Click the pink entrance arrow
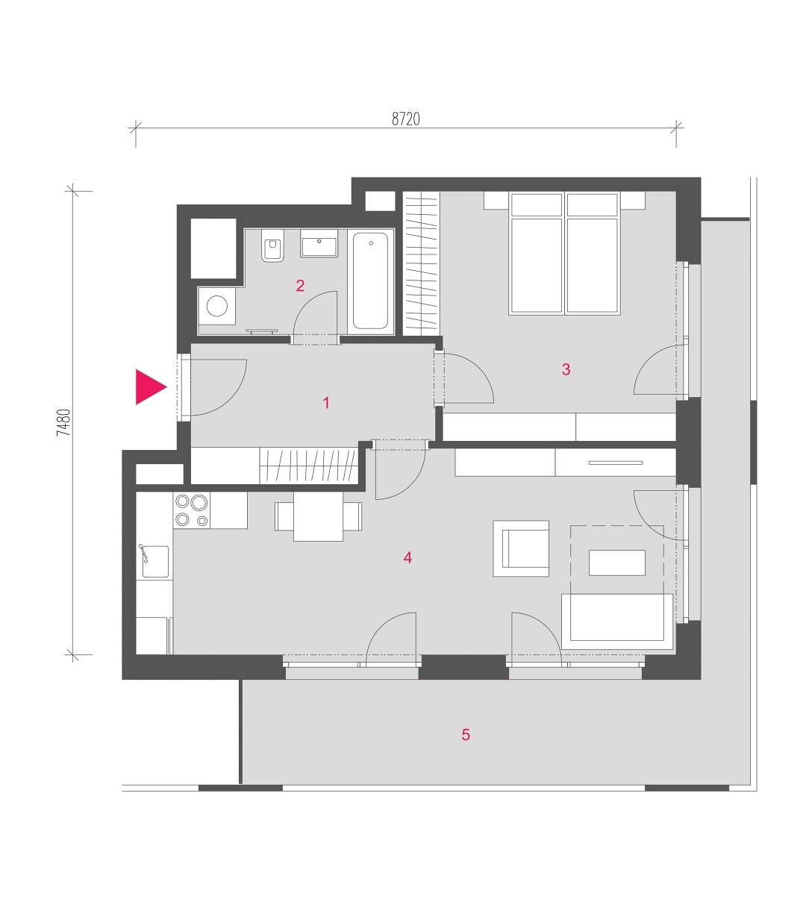[x=149, y=386]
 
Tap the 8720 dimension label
[x=406, y=119]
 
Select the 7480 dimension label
[x=64, y=423]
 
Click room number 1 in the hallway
[x=326, y=402]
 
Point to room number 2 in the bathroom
[x=300, y=286]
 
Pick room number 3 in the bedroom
[x=566, y=369]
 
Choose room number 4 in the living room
[x=407, y=557]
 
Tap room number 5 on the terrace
[x=466, y=735]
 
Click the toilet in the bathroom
[x=272, y=245]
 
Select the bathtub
[x=370, y=281]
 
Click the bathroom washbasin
[x=319, y=243]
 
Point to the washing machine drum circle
[x=217, y=306]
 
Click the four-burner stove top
[x=192, y=510]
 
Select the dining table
[x=318, y=516]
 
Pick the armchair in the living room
[x=521, y=548]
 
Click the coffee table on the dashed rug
[x=617, y=563]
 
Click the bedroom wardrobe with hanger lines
[x=421, y=263]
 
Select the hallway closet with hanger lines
[x=309, y=466]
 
